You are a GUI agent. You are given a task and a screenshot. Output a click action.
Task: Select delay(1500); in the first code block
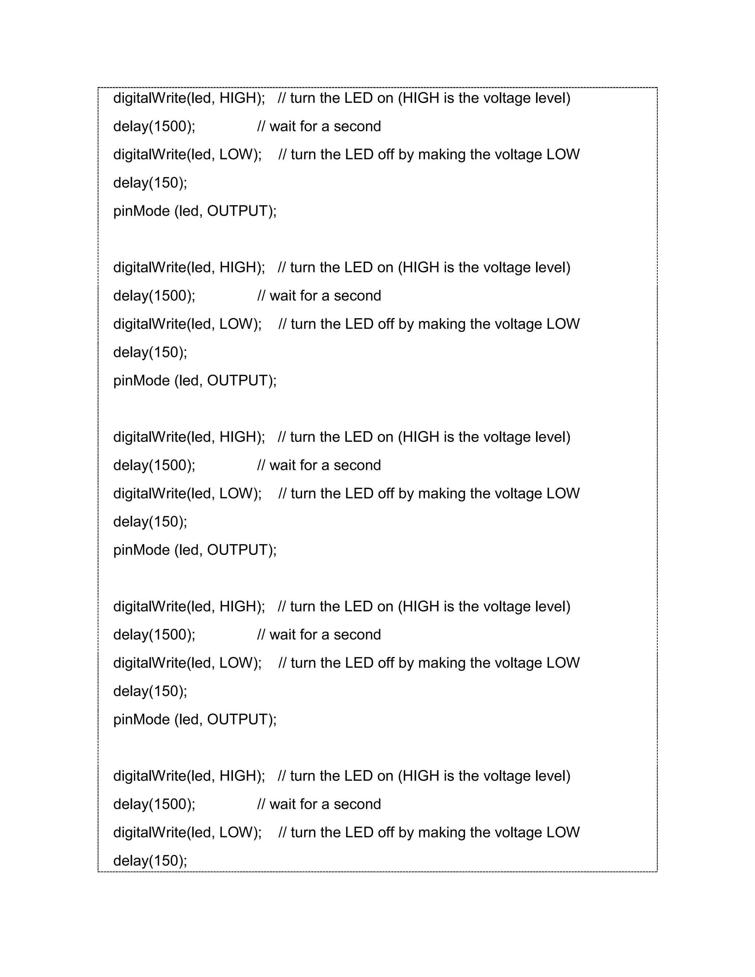coord(154,126)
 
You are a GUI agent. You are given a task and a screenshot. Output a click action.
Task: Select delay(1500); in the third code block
coord(154,465)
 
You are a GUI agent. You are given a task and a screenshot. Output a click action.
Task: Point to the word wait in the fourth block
coord(283,634)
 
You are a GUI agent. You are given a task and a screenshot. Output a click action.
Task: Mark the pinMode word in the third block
coord(141,550)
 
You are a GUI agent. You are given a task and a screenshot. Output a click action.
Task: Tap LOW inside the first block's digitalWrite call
coord(236,154)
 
